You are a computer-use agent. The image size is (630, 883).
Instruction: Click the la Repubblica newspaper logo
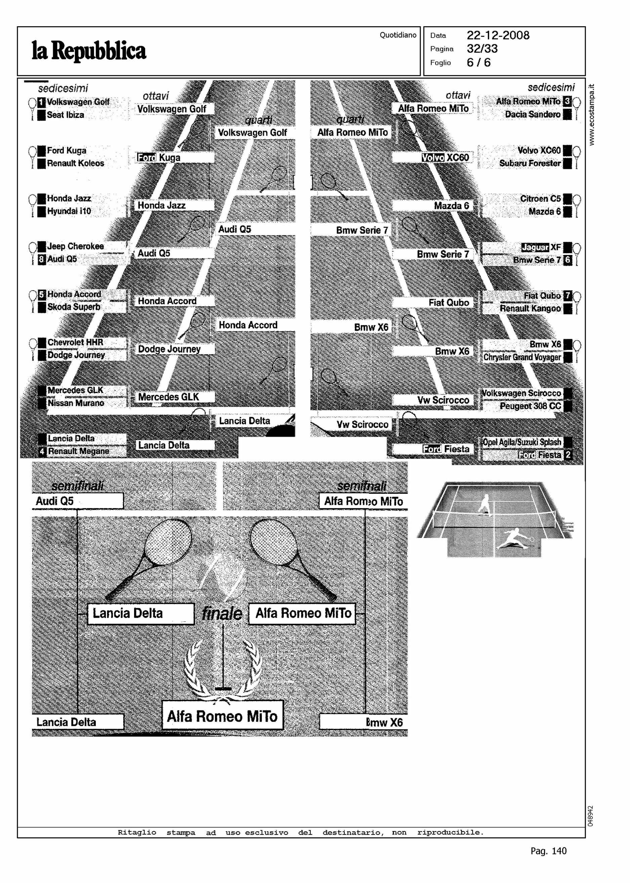[x=89, y=51]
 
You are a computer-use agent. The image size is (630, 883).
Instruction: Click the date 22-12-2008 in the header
[x=498, y=35]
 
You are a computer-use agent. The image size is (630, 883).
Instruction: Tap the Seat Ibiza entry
[x=65, y=115]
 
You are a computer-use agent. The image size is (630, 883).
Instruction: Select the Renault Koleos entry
[x=75, y=163]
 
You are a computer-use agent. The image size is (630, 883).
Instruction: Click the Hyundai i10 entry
[x=69, y=211]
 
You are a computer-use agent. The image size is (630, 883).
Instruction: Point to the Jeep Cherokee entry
[x=75, y=246]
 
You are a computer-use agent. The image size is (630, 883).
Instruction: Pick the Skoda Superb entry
[x=74, y=307]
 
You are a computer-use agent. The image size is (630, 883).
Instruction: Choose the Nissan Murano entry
[x=76, y=403]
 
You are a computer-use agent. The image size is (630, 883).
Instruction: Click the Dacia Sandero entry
[x=532, y=115]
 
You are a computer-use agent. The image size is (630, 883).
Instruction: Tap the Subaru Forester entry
[x=530, y=163]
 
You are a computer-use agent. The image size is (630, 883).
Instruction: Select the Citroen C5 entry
[x=540, y=198]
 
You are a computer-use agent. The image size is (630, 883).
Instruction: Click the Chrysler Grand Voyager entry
[x=522, y=357]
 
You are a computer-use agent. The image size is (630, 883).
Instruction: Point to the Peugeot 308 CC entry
[x=530, y=406]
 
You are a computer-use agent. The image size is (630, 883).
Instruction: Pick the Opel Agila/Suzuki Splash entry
[x=522, y=442]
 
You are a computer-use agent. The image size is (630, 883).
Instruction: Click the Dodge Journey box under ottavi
[x=170, y=349]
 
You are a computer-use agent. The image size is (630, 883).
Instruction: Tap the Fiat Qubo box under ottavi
[x=449, y=303]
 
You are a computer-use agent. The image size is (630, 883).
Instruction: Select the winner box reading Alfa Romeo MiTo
[x=222, y=716]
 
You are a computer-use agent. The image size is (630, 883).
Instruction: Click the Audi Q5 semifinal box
[x=78, y=501]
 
